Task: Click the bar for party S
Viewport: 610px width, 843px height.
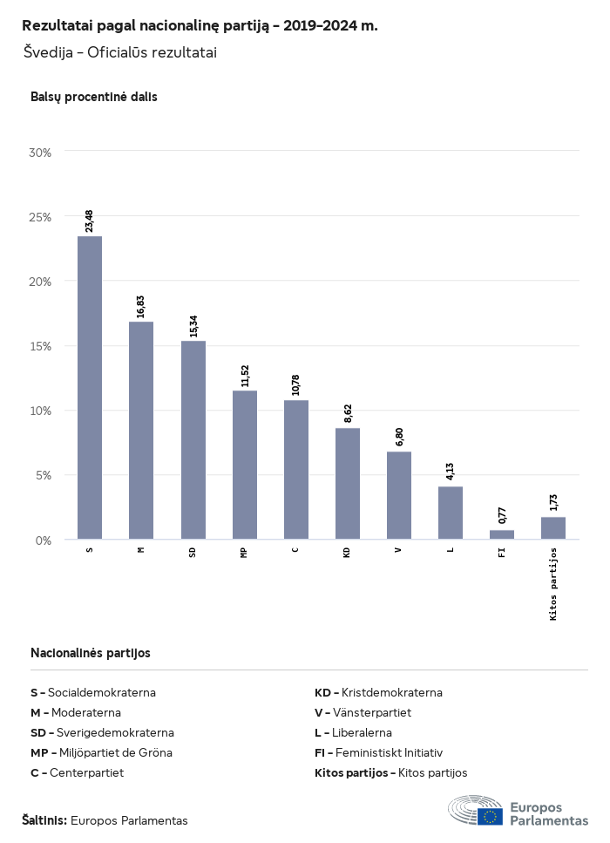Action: click(90, 388)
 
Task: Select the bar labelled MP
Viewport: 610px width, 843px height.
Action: click(245, 465)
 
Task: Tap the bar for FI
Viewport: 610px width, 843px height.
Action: click(502, 534)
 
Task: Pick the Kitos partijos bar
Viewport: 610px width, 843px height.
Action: click(553, 528)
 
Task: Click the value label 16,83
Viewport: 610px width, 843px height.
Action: click(141, 306)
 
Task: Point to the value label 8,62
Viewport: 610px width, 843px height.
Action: click(348, 412)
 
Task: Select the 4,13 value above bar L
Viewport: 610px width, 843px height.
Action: click(451, 472)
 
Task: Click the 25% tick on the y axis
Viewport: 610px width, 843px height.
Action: click(41, 217)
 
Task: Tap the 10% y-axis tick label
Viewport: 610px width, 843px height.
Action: click(41, 411)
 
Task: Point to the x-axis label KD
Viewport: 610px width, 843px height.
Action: click(347, 553)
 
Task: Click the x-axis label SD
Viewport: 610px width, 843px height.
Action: click(193, 553)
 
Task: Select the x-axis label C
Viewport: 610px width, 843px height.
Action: click(295, 550)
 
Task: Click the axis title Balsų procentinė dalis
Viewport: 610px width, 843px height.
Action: click(94, 97)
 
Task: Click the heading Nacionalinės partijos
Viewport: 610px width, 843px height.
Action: click(91, 652)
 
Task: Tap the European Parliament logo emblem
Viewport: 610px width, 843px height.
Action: click(476, 811)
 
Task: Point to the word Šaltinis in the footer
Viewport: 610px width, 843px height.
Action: click(44, 820)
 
